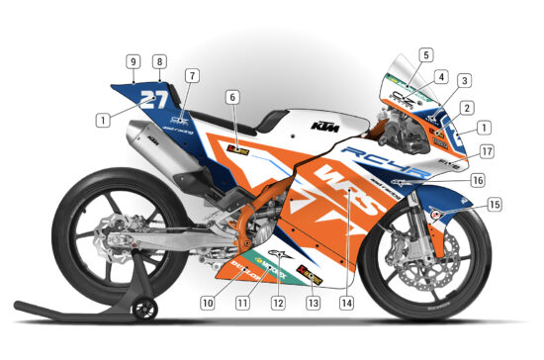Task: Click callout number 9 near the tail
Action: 133,61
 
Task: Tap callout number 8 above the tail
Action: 159,61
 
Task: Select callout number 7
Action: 192,75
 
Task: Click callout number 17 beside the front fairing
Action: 488,151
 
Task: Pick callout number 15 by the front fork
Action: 494,205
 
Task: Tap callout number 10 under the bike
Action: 208,302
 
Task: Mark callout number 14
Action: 345,302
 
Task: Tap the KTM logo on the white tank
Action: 319,126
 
